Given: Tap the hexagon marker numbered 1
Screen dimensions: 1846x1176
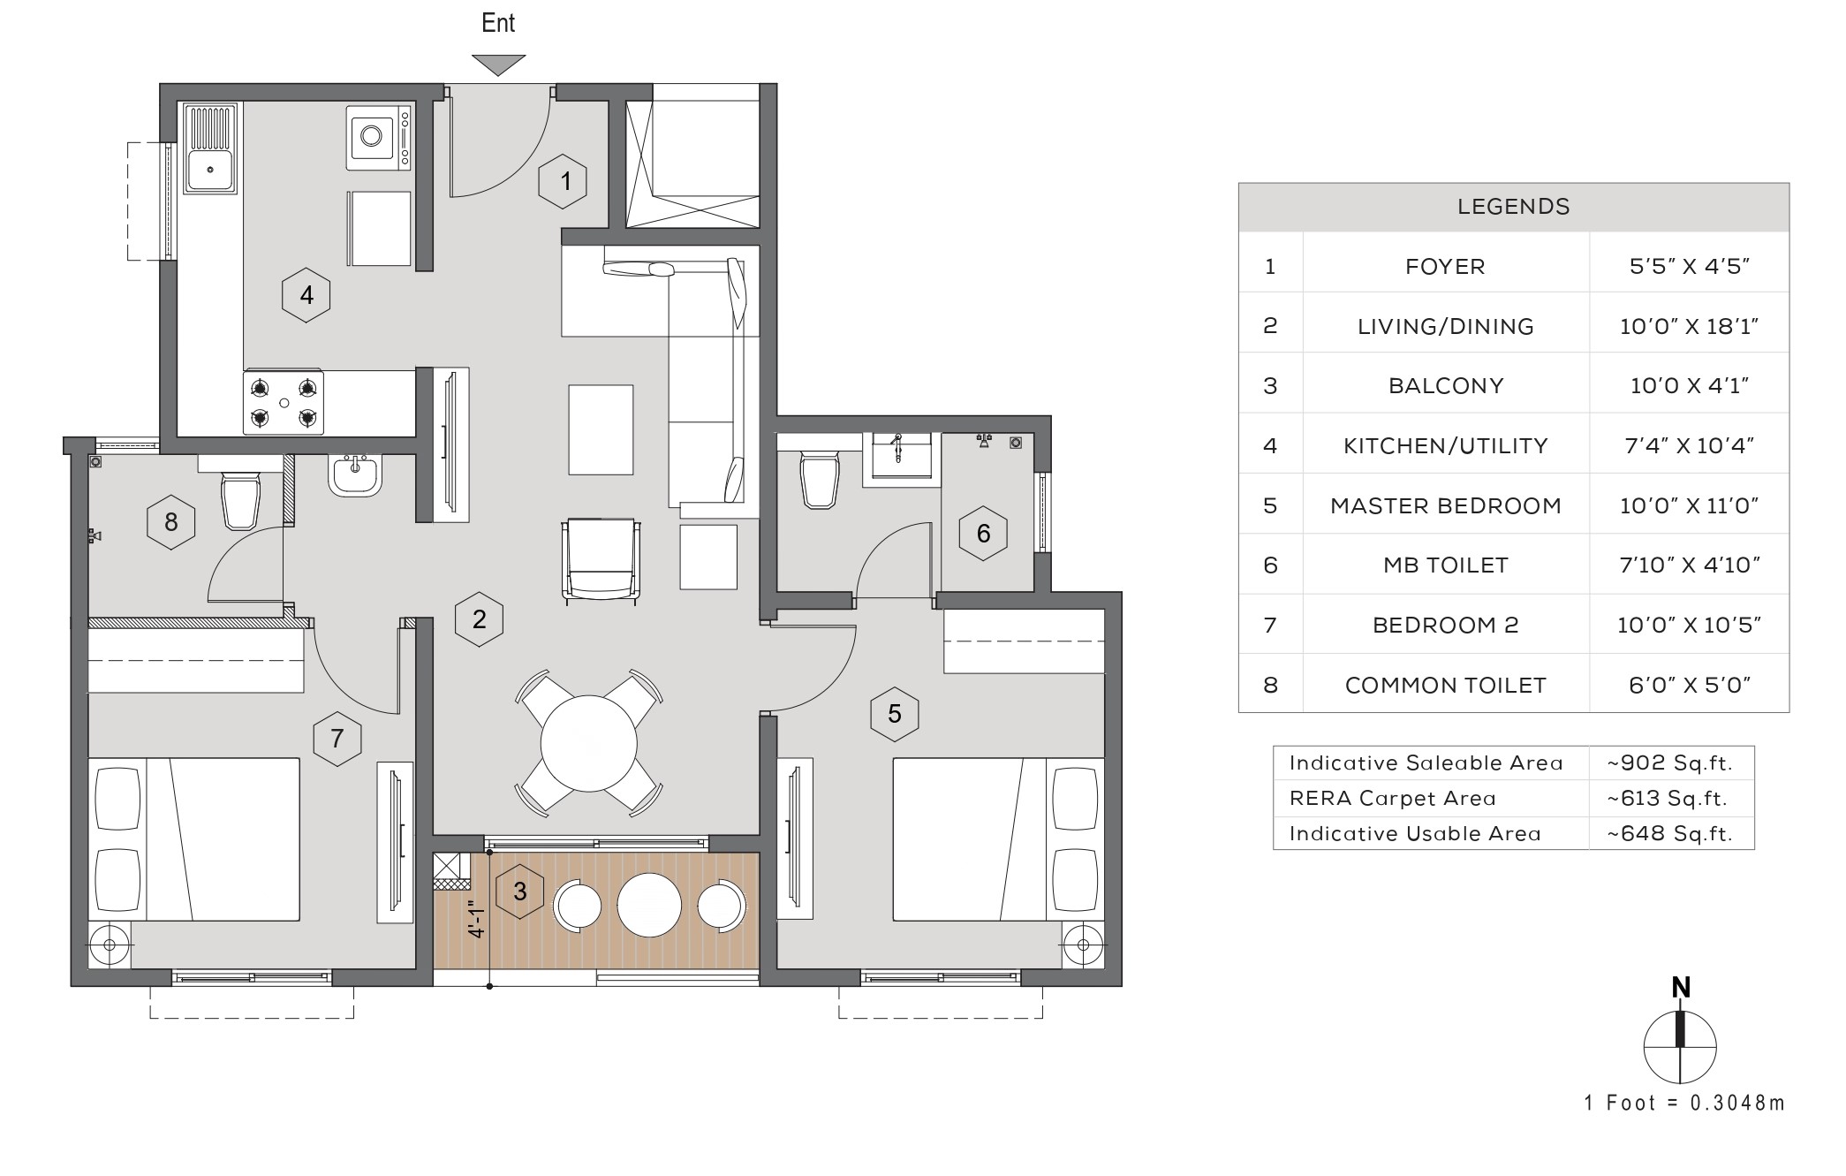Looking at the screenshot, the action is click(563, 182).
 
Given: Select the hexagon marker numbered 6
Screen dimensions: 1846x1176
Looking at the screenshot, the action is click(983, 534).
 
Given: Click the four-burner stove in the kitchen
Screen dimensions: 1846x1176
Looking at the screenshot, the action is click(284, 403).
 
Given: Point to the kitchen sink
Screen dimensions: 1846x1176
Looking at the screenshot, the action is click(210, 148).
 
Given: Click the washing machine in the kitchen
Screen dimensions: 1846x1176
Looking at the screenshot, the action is click(378, 138).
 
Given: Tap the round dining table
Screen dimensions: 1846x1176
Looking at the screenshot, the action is click(588, 744).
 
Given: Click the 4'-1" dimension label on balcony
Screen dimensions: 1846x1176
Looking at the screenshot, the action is click(477, 919).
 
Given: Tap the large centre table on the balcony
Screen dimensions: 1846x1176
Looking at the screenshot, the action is click(649, 905).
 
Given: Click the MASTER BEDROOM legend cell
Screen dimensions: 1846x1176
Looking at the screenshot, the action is click(1446, 505).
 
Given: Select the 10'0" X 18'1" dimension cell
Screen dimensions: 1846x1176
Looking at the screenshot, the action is click(1689, 326).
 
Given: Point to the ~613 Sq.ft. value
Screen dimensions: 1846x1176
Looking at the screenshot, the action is click(1667, 799).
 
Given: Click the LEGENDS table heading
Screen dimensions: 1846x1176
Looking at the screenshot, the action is click(1513, 207).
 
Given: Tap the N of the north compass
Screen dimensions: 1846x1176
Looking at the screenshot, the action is click(1681, 988).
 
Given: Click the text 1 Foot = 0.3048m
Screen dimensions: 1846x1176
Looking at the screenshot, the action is click(1684, 1103).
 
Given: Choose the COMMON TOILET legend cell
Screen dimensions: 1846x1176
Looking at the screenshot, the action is click(1446, 685).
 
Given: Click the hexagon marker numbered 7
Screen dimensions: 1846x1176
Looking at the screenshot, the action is click(337, 739).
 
